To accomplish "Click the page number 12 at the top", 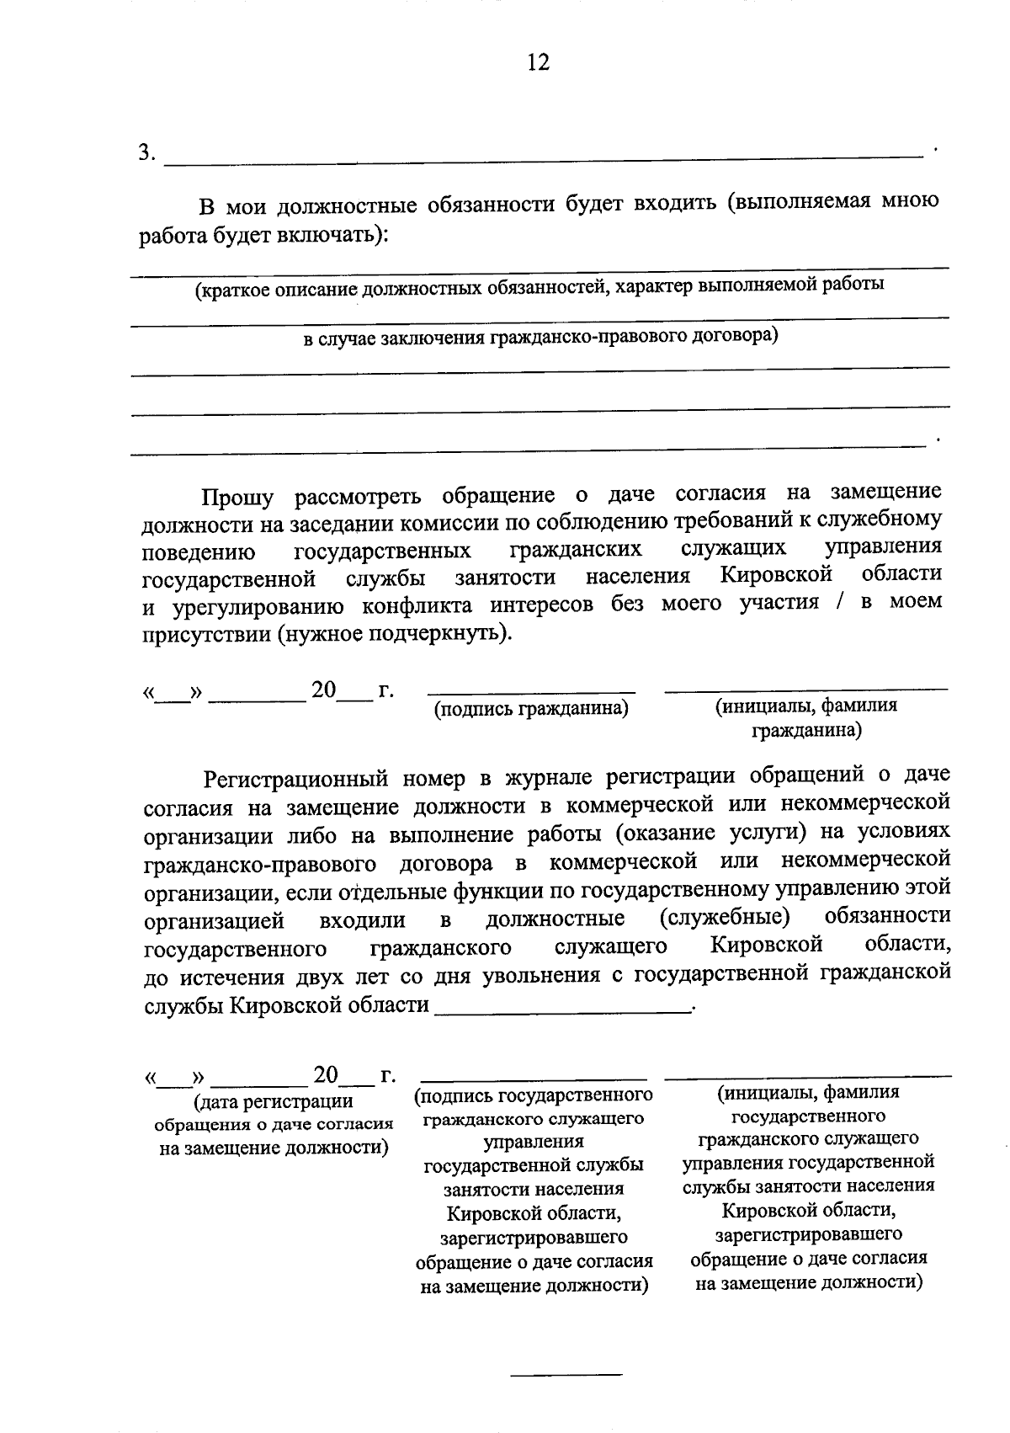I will pos(538,62).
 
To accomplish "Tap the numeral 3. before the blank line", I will pos(148,152).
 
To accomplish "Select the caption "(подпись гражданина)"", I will pos(531,709).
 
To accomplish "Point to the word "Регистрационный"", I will pos(294,776).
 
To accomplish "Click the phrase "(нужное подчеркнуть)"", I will pos(395,633).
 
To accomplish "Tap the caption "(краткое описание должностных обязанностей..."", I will pos(539,286).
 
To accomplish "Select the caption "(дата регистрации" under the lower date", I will pos(273,1101).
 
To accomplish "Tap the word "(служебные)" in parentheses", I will pos(725,915).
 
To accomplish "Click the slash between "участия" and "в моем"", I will pos(840,604).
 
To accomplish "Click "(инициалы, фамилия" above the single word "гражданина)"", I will pos(805,706).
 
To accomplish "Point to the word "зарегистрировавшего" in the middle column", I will pos(534,1238).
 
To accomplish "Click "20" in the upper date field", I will pos(324,690).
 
